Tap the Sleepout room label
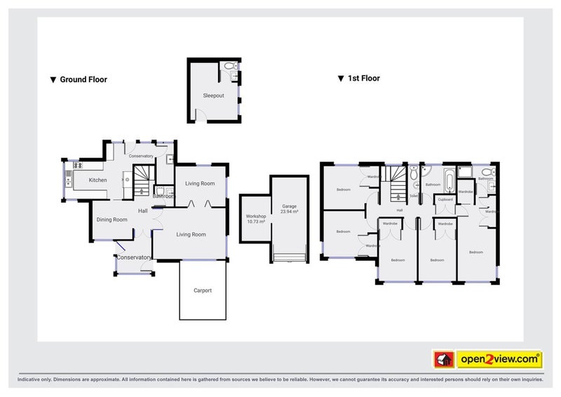(x=213, y=95)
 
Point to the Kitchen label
(x=97, y=181)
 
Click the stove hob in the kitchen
(x=78, y=166)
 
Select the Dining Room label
(x=112, y=220)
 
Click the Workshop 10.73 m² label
(x=256, y=220)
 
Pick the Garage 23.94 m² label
(x=290, y=209)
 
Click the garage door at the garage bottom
(x=290, y=259)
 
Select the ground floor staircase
(x=142, y=178)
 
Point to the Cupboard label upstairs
(x=445, y=200)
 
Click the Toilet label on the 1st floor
(x=414, y=196)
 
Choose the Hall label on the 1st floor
(x=400, y=210)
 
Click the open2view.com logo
(x=499, y=359)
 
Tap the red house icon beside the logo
(x=442, y=359)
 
